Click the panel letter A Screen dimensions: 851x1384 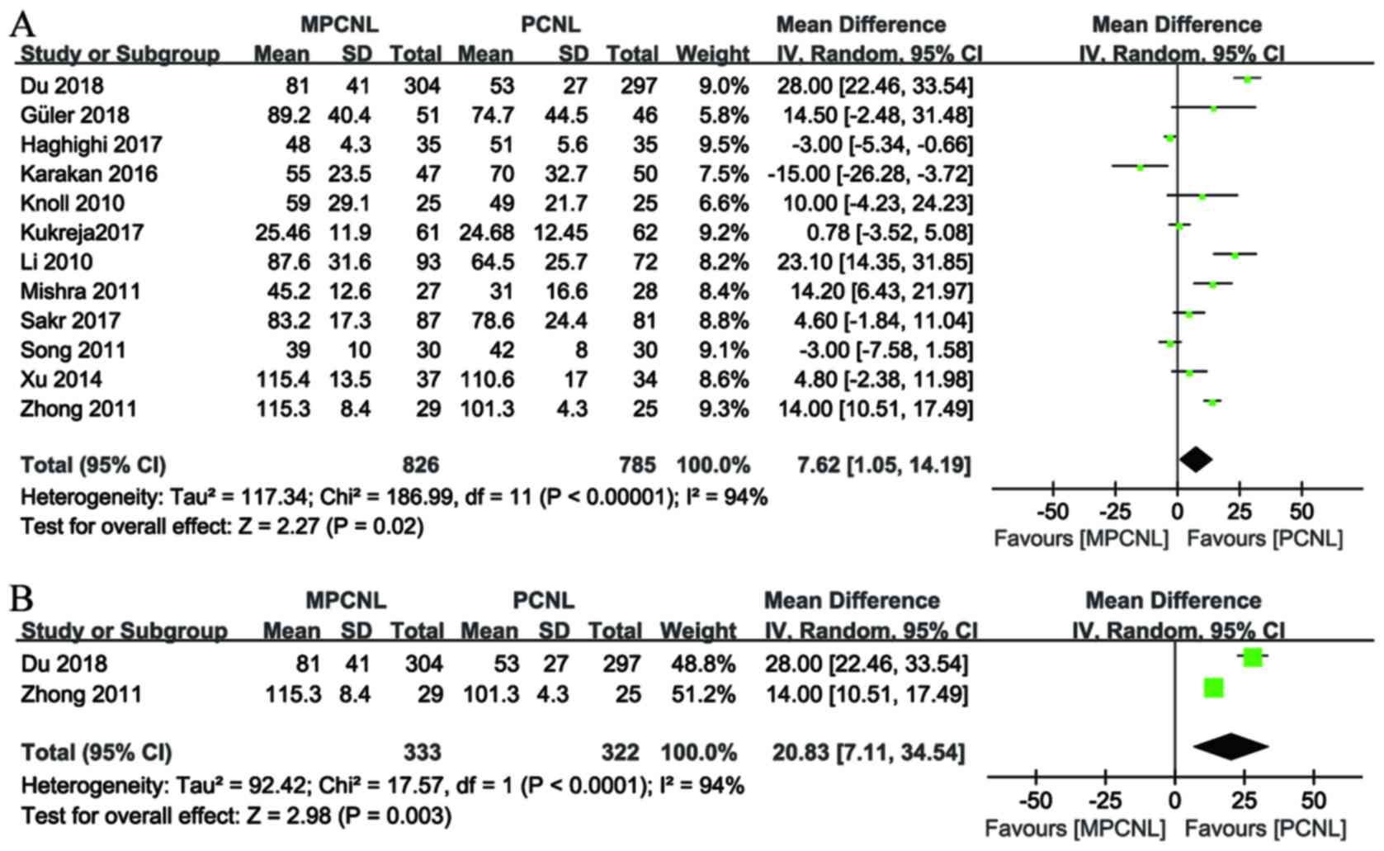click(22, 24)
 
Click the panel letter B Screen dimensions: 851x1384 click(21, 598)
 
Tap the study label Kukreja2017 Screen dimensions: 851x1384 click(82, 233)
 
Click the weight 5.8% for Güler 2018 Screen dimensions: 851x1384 click(723, 116)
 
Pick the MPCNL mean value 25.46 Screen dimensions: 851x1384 click(282, 233)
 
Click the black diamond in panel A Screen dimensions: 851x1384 click(1196, 460)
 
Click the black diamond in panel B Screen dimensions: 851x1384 click(1230, 746)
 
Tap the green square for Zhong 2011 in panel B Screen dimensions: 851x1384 click(1213, 687)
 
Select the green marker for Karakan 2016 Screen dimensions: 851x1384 click(1141, 168)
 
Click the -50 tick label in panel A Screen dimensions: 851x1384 click(1052, 511)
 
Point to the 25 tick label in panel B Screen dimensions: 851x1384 click(1245, 800)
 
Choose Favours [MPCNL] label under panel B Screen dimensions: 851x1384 click(1075, 828)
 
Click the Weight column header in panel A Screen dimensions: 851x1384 click(712, 54)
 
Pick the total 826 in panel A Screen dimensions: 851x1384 click(420, 466)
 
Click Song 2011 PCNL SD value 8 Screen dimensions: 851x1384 click(581, 350)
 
